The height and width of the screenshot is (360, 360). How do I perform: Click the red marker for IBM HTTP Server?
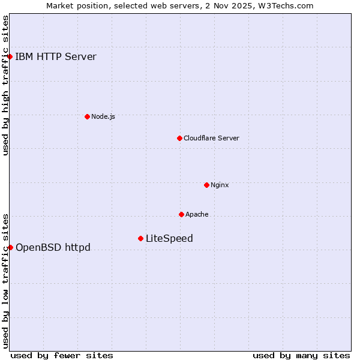[x=10, y=57]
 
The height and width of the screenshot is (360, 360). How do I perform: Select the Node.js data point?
[x=87, y=116]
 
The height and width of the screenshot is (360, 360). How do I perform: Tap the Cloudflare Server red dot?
[x=179, y=138]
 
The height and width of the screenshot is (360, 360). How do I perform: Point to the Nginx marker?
[x=206, y=185]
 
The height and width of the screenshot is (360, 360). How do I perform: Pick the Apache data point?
[x=181, y=214]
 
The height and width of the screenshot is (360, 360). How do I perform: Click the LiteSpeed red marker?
[x=140, y=238]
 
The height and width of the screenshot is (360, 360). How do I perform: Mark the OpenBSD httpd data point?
[x=10, y=247]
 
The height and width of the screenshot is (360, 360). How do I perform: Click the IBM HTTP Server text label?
[x=56, y=57]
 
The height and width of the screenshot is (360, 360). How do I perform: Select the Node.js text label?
[x=103, y=116]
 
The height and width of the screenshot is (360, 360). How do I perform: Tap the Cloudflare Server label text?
[x=211, y=138]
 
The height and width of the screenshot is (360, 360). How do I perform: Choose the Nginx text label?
[x=220, y=185]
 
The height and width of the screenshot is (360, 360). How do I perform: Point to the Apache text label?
[x=197, y=214]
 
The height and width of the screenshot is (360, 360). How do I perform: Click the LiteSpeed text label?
[x=169, y=238]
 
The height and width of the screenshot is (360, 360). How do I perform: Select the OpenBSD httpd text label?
[x=53, y=247]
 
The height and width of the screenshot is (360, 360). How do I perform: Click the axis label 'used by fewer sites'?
[x=62, y=355]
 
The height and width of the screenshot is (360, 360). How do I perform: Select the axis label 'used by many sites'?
[x=301, y=355]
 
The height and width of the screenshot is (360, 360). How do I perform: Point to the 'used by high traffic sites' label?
[x=5, y=85]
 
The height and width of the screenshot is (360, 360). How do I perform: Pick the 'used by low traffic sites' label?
[x=5, y=280]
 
